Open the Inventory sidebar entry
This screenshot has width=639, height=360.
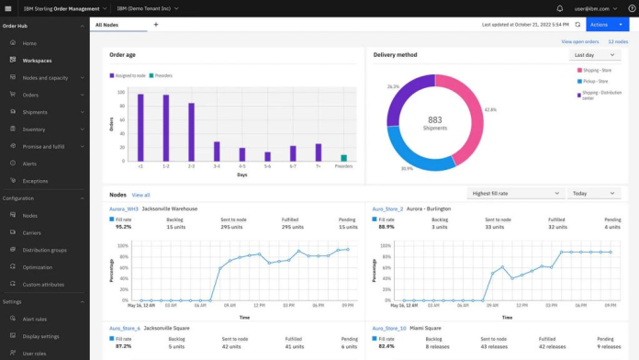point(34,129)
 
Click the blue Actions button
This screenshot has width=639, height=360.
point(607,25)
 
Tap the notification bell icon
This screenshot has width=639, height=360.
point(560,8)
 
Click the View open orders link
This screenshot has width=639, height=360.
point(579,41)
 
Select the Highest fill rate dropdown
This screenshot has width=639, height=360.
point(513,194)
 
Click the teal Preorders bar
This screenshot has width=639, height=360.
point(343,158)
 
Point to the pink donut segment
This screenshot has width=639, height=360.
point(468,106)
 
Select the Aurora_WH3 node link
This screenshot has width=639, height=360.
point(124,209)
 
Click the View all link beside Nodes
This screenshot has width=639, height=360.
point(140,195)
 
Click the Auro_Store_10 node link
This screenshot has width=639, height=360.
point(388,328)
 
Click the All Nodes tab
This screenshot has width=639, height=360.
point(107,25)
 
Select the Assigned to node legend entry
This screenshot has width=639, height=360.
point(129,75)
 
